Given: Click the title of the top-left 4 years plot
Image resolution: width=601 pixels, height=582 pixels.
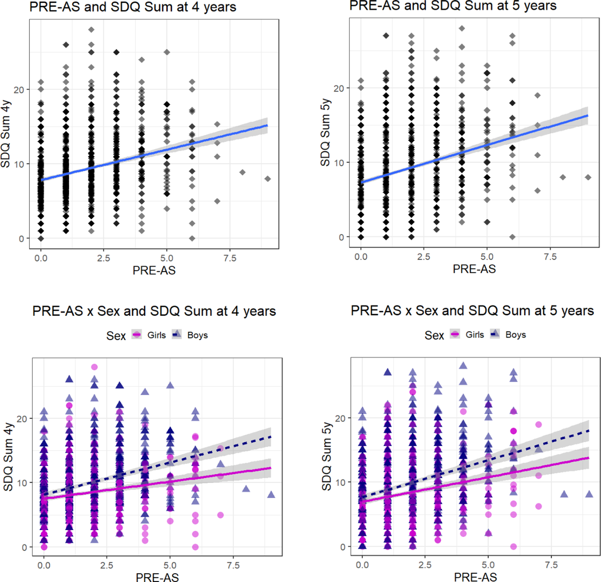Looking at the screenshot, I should [133, 7].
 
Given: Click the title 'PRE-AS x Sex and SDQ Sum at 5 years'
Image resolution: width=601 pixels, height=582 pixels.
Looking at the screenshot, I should [472, 311].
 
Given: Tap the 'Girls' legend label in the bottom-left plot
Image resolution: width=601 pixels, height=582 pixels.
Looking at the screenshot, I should [156, 335].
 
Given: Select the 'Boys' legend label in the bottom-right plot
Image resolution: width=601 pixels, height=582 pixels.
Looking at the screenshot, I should [516, 335].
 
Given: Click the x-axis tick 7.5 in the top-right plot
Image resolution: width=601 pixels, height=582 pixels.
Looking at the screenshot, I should [550, 257].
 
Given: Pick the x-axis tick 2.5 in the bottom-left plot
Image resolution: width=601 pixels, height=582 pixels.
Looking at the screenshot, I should [107, 565].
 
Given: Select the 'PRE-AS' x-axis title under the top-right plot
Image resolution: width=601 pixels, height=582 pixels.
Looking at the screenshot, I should [474, 269].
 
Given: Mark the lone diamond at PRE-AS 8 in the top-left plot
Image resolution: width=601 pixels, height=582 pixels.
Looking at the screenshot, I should [242, 172].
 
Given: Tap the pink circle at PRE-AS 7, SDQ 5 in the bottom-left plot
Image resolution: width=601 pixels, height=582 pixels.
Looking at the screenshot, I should [220, 515].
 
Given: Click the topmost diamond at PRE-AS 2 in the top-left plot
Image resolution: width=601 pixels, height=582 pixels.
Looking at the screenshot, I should [91, 30].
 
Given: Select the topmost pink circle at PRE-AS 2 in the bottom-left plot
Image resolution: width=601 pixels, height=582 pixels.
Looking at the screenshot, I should [95, 367].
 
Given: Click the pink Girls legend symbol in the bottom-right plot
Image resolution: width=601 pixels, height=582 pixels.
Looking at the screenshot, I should [455, 334].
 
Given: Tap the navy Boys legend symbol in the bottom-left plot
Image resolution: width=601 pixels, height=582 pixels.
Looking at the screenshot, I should [177, 334].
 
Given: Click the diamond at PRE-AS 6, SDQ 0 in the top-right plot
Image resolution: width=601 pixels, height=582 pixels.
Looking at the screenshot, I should [512, 237].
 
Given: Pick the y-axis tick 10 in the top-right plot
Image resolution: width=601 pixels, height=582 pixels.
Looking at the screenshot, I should [339, 163].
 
